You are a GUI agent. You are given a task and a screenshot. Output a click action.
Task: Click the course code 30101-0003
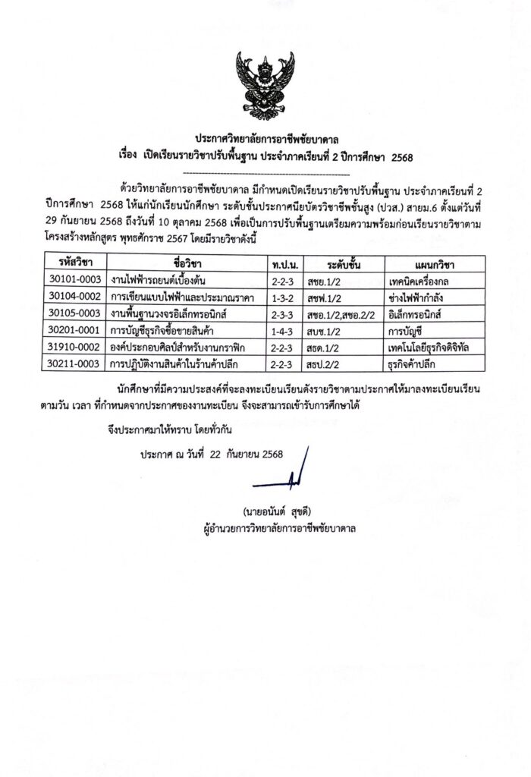tap(75, 279)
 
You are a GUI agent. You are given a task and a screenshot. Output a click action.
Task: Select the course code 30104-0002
tap(75, 297)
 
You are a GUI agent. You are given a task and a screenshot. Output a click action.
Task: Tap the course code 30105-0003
tap(75, 313)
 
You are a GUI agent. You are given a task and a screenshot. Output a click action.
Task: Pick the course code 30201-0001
tap(75, 331)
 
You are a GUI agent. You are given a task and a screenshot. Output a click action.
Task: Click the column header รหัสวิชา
tap(75, 263)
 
